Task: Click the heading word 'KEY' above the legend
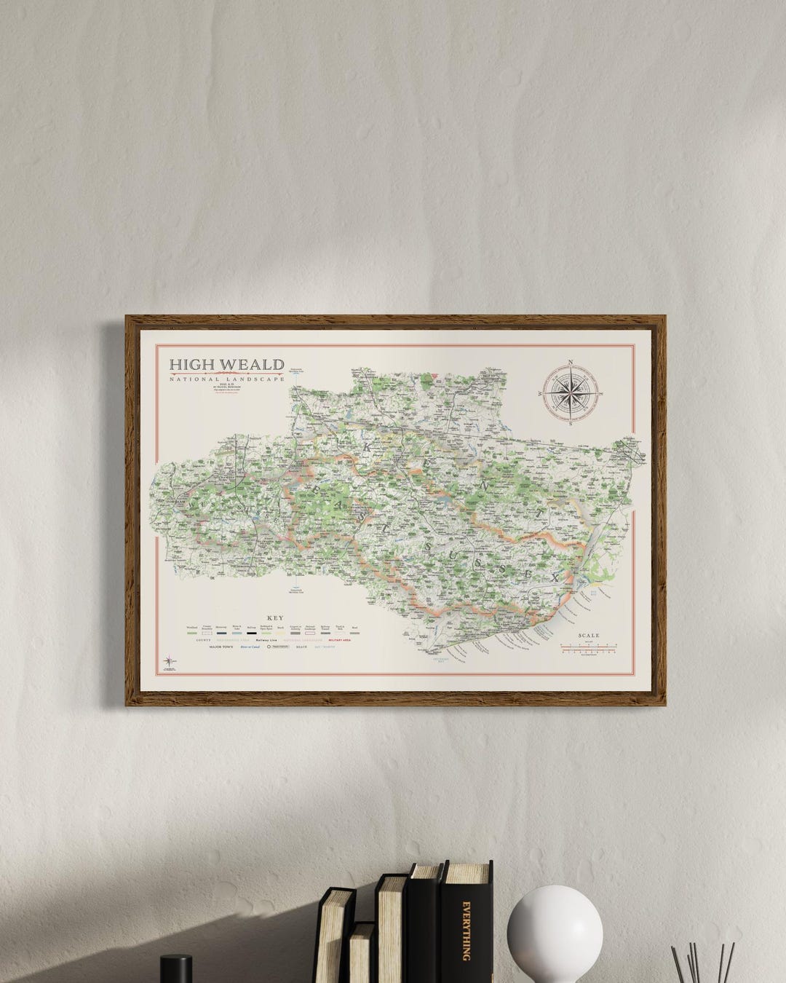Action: click(275, 618)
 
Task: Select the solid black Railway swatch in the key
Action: click(252, 633)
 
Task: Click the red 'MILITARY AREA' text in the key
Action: click(340, 640)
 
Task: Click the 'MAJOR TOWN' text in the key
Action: click(221, 647)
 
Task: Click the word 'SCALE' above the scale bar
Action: click(588, 636)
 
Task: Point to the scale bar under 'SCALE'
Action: click(588, 647)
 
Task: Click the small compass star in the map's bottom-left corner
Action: click(169, 661)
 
